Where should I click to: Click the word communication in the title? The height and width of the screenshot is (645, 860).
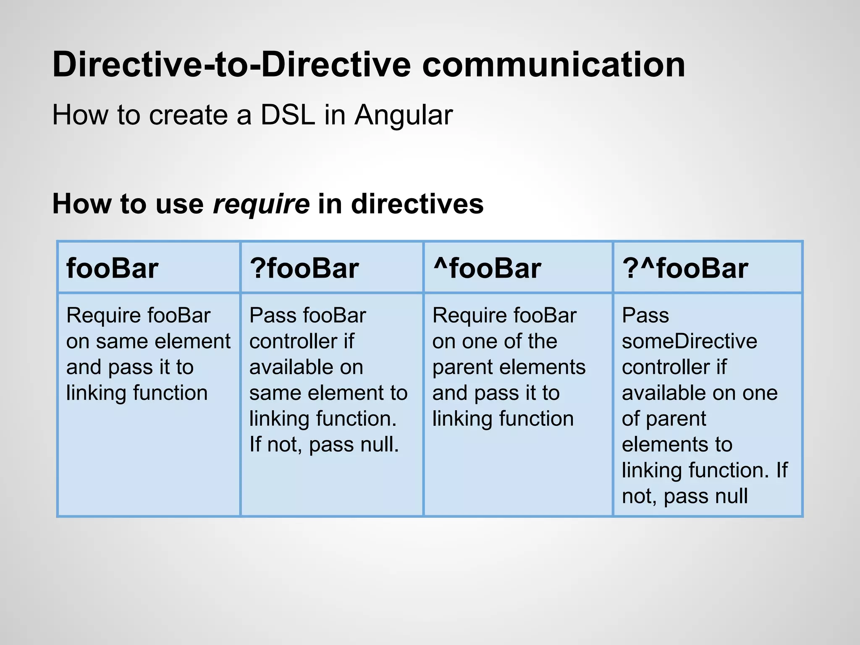pyautogui.click(x=553, y=65)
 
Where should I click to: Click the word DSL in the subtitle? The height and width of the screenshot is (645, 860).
pyautogui.click(x=288, y=115)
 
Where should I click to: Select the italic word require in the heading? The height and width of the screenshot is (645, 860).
pyautogui.click(x=261, y=205)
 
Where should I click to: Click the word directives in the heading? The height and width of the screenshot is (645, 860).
pyautogui.click(x=417, y=204)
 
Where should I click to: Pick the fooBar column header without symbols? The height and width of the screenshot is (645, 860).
pyautogui.click(x=112, y=268)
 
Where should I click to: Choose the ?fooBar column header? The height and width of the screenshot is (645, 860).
pyautogui.click(x=304, y=268)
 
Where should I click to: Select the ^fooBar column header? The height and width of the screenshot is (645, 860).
pyautogui.click(x=487, y=268)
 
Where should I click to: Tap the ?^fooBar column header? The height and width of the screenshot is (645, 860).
pyautogui.click(x=685, y=268)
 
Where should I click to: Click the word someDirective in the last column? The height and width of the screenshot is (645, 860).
pyautogui.click(x=689, y=341)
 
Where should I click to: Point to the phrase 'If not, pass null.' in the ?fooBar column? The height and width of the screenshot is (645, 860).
pyautogui.click(x=324, y=444)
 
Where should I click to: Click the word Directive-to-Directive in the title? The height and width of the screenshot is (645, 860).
pyautogui.click(x=231, y=65)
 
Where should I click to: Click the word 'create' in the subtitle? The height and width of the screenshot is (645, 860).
pyautogui.click(x=187, y=115)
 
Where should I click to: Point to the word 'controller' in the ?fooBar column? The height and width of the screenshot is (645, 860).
pyautogui.click(x=293, y=341)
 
